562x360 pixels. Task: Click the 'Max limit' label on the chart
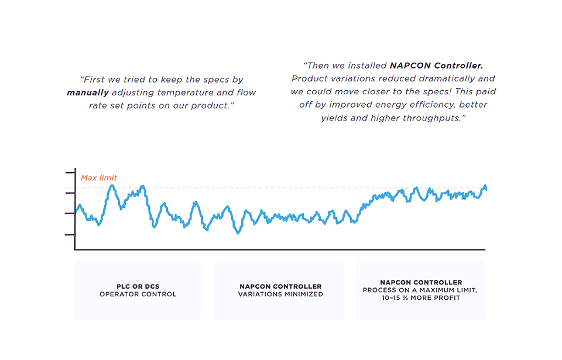pyautogui.click(x=98, y=178)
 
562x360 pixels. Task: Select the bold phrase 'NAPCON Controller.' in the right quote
pyautogui.click(x=437, y=66)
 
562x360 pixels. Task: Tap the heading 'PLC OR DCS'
pyautogui.click(x=138, y=287)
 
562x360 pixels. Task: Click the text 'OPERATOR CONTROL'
pyautogui.click(x=138, y=294)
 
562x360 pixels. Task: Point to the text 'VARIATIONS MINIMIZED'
pyautogui.click(x=280, y=294)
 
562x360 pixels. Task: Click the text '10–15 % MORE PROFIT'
pyautogui.click(x=420, y=298)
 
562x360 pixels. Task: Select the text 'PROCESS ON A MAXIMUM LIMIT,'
pyautogui.click(x=420, y=290)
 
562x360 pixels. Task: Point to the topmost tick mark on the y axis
pyautogui.click(x=70, y=173)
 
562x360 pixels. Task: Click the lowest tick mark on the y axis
pyautogui.click(x=70, y=235)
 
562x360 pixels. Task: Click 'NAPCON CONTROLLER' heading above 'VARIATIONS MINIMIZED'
pyautogui.click(x=280, y=287)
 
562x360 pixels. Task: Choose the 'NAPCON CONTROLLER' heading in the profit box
pyautogui.click(x=420, y=283)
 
